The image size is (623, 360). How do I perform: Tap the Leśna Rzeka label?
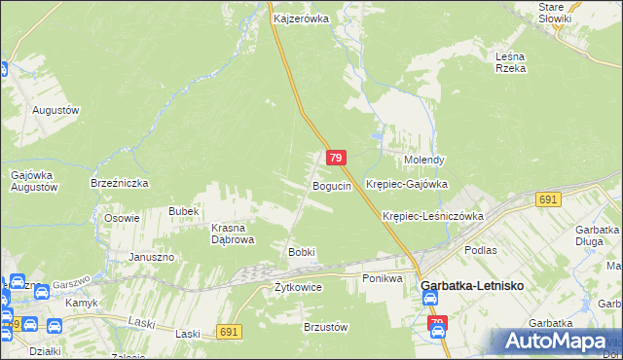(510, 62)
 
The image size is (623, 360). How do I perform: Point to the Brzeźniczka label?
(118, 183)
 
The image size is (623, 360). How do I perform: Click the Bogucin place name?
(331, 186)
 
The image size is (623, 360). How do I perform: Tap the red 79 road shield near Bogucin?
(336, 158)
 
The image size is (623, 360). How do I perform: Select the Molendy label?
(424, 160)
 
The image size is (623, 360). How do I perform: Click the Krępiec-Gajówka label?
(406, 183)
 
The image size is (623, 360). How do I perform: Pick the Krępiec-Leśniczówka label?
(433, 216)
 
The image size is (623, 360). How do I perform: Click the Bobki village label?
(301, 252)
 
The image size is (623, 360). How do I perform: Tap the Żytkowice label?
(298, 287)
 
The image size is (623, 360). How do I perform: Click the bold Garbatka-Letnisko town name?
(473, 288)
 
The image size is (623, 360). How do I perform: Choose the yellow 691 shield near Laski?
(230, 332)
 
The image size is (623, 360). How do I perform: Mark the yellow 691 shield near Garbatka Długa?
(547, 199)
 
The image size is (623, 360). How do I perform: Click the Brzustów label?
(326, 327)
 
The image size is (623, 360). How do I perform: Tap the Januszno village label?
(151, 257)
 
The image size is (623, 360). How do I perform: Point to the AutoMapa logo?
(555, 342)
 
